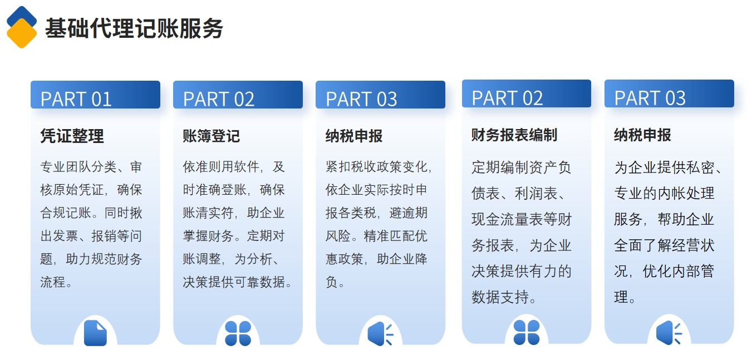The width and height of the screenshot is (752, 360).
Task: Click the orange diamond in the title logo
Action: click(x=22, y=33)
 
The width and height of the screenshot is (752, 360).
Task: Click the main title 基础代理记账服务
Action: click(x=134, y=28)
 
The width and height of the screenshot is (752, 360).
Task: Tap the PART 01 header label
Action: click(x=76, y=99)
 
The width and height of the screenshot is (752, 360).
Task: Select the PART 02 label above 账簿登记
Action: click(x=219, y=99)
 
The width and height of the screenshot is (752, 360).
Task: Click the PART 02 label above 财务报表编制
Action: click(x=507, y=98)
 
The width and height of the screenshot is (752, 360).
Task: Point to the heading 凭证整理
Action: click(x=72, y=136)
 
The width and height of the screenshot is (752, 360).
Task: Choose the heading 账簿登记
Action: click(x=211, y=136)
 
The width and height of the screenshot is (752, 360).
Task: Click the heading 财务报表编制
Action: click(x=514, y=135)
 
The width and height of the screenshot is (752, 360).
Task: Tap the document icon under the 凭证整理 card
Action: click(x=95, y=333)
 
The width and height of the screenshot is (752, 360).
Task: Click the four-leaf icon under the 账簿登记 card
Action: click(x=238, y=333)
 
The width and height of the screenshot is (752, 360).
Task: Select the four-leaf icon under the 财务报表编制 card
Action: click(x=527, y=332)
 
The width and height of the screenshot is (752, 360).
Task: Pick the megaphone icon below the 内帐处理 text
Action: click(x=669, y=333)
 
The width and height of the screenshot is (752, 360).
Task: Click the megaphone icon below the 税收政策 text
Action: click(x=380, y=334)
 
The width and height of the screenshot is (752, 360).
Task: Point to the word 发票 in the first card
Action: click(x=66, y=236)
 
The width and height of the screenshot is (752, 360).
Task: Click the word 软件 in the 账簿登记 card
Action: click(x=247, y=167)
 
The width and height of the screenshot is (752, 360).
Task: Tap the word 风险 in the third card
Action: click(x=338, y=236)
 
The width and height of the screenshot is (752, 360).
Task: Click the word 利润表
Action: click(x=536, y=194)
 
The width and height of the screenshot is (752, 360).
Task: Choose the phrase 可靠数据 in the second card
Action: click(x=259, y=282)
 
